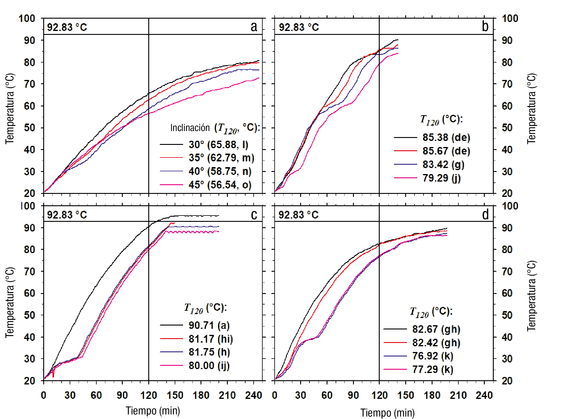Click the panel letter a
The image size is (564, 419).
coord(254,27)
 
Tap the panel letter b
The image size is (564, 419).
coord(485,26)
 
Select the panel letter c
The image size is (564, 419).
coord(254,215)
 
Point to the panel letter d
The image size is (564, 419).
coord(485,215)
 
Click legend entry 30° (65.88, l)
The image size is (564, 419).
coord(218,145)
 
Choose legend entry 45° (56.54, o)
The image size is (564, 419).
coord(220,185)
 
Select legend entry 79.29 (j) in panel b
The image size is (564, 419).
coord(441,178)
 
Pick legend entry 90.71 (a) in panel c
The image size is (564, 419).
coord(209,325)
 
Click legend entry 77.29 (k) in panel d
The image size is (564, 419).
coord(433,369)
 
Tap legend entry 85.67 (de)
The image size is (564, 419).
coord(446,151)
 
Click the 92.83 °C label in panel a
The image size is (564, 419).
coord(67,27)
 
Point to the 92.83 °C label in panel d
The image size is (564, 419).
coord(298,215)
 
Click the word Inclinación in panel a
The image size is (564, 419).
coord(190,128)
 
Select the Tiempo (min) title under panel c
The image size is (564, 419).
coord(153,411)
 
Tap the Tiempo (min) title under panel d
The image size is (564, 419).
coord(388,413)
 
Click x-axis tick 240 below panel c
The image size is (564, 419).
coord(254,395)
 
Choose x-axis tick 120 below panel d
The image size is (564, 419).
coord(379,395)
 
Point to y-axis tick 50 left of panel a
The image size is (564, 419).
coord(29,128)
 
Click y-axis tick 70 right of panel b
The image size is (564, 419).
coord(507,84)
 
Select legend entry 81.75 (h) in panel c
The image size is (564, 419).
coord(209,352)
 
